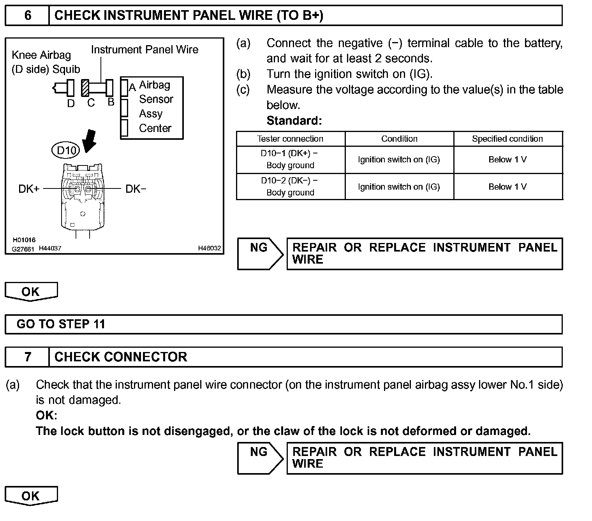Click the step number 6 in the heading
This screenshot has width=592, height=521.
click(x=27, y=16)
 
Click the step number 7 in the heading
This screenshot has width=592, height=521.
click(x=27, y=357)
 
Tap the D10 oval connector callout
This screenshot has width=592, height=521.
click(x=66, y=150)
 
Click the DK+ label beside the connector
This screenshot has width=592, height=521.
click(x=29, y=189)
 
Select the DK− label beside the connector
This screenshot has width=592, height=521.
click(x=136, y=189)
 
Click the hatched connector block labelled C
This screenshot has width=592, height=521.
click(x=85, y=88)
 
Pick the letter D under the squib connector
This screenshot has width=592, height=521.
click(x=71, y=104)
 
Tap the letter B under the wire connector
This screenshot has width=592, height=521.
click(x=111, y=102)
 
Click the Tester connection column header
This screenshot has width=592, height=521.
click(x=290, y=139)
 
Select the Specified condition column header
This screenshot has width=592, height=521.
click(x=507, y=139)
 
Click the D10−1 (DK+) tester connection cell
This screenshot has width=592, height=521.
click(x=290, y=159)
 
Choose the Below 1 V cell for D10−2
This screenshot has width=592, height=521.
click(x=507, y=187)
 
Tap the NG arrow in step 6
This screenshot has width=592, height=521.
click(x=260, y=253)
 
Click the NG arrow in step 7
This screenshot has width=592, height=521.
click(x=260, y=458)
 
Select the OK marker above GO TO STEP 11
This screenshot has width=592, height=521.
click(x=31, y=292)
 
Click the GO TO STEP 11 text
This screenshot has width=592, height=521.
click(x=61, y=324)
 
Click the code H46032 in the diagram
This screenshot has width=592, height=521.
click(x=209, y=248)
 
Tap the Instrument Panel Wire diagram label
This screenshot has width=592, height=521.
click(x=144, y=50)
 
